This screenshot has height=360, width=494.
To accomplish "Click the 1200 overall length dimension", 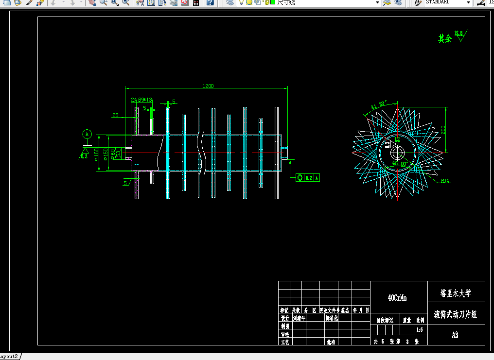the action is point(208,86).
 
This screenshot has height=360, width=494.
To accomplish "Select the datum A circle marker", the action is point(87,134).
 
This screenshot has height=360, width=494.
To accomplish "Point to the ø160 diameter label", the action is point(96,154).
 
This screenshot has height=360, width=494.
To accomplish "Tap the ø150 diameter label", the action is point(106,154).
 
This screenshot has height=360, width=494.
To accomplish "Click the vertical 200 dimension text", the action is point(443,130).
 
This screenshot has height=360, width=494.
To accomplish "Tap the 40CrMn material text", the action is point(397,298).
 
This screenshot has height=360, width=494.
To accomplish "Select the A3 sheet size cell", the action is point(455,335).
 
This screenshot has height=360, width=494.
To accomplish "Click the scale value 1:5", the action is point(419,330).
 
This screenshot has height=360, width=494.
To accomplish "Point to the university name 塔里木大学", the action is point(456,293).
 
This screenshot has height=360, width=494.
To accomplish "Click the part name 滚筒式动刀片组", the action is point(456,314).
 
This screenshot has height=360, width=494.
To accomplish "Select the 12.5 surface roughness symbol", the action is point(459,35).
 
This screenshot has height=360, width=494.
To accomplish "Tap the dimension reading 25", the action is point(115,115).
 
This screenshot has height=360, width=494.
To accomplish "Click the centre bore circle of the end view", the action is point(398,152).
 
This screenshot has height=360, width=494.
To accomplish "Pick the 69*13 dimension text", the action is point(145,100).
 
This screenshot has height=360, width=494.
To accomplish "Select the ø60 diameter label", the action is point(113,153).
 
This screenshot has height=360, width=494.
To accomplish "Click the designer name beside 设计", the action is point(299,319).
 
